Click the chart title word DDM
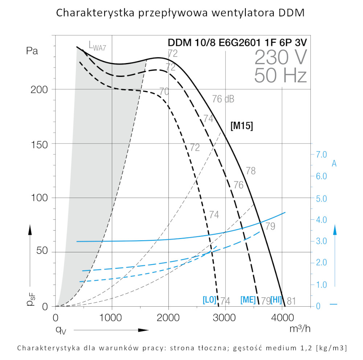tap(291, 13)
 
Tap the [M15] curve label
tap(241, 126)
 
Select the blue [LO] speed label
tap(209, 300)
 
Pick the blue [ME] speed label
tap(248, 300)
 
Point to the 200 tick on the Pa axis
tap(40, 90)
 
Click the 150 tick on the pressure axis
tap(40, 144)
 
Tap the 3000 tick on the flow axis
tap(225, 318)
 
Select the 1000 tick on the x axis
tap(111, 318)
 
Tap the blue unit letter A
tap(334, 164)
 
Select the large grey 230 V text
tap(281, 57)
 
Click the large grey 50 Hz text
tap(281, 75)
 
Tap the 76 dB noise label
tap(223, 99)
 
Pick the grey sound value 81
tap(292, 301)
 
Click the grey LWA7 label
tap(97, 46)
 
